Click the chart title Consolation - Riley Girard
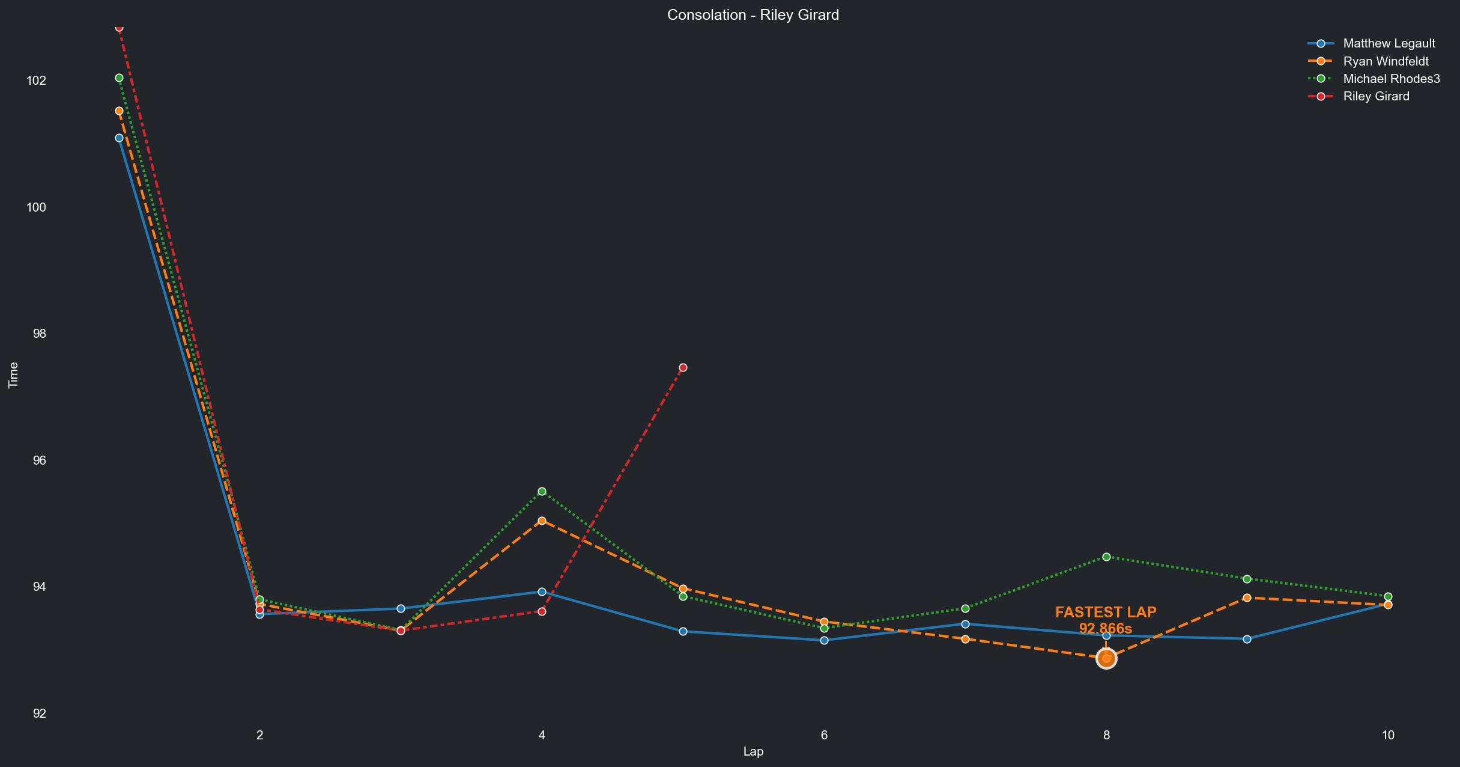[753, 15]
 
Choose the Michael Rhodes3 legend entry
[1391, 79]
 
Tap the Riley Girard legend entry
[1376, 96]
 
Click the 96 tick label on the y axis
[38, 460]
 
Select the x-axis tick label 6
[824, 735]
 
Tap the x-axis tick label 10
[1388, 735]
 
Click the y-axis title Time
[13, 375]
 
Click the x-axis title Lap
[753, 751]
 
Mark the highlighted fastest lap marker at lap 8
[1106, 659]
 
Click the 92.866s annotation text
[1105, 629]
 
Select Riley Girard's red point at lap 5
[683, 368]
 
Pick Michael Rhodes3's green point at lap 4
[542, 492]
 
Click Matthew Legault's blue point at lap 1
[119, 138]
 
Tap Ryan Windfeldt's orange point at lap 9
[1247, 598]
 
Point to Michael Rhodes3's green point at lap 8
[1106, 557]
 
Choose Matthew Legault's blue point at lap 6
[824, 641]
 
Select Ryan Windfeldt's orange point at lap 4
[542, 521]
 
